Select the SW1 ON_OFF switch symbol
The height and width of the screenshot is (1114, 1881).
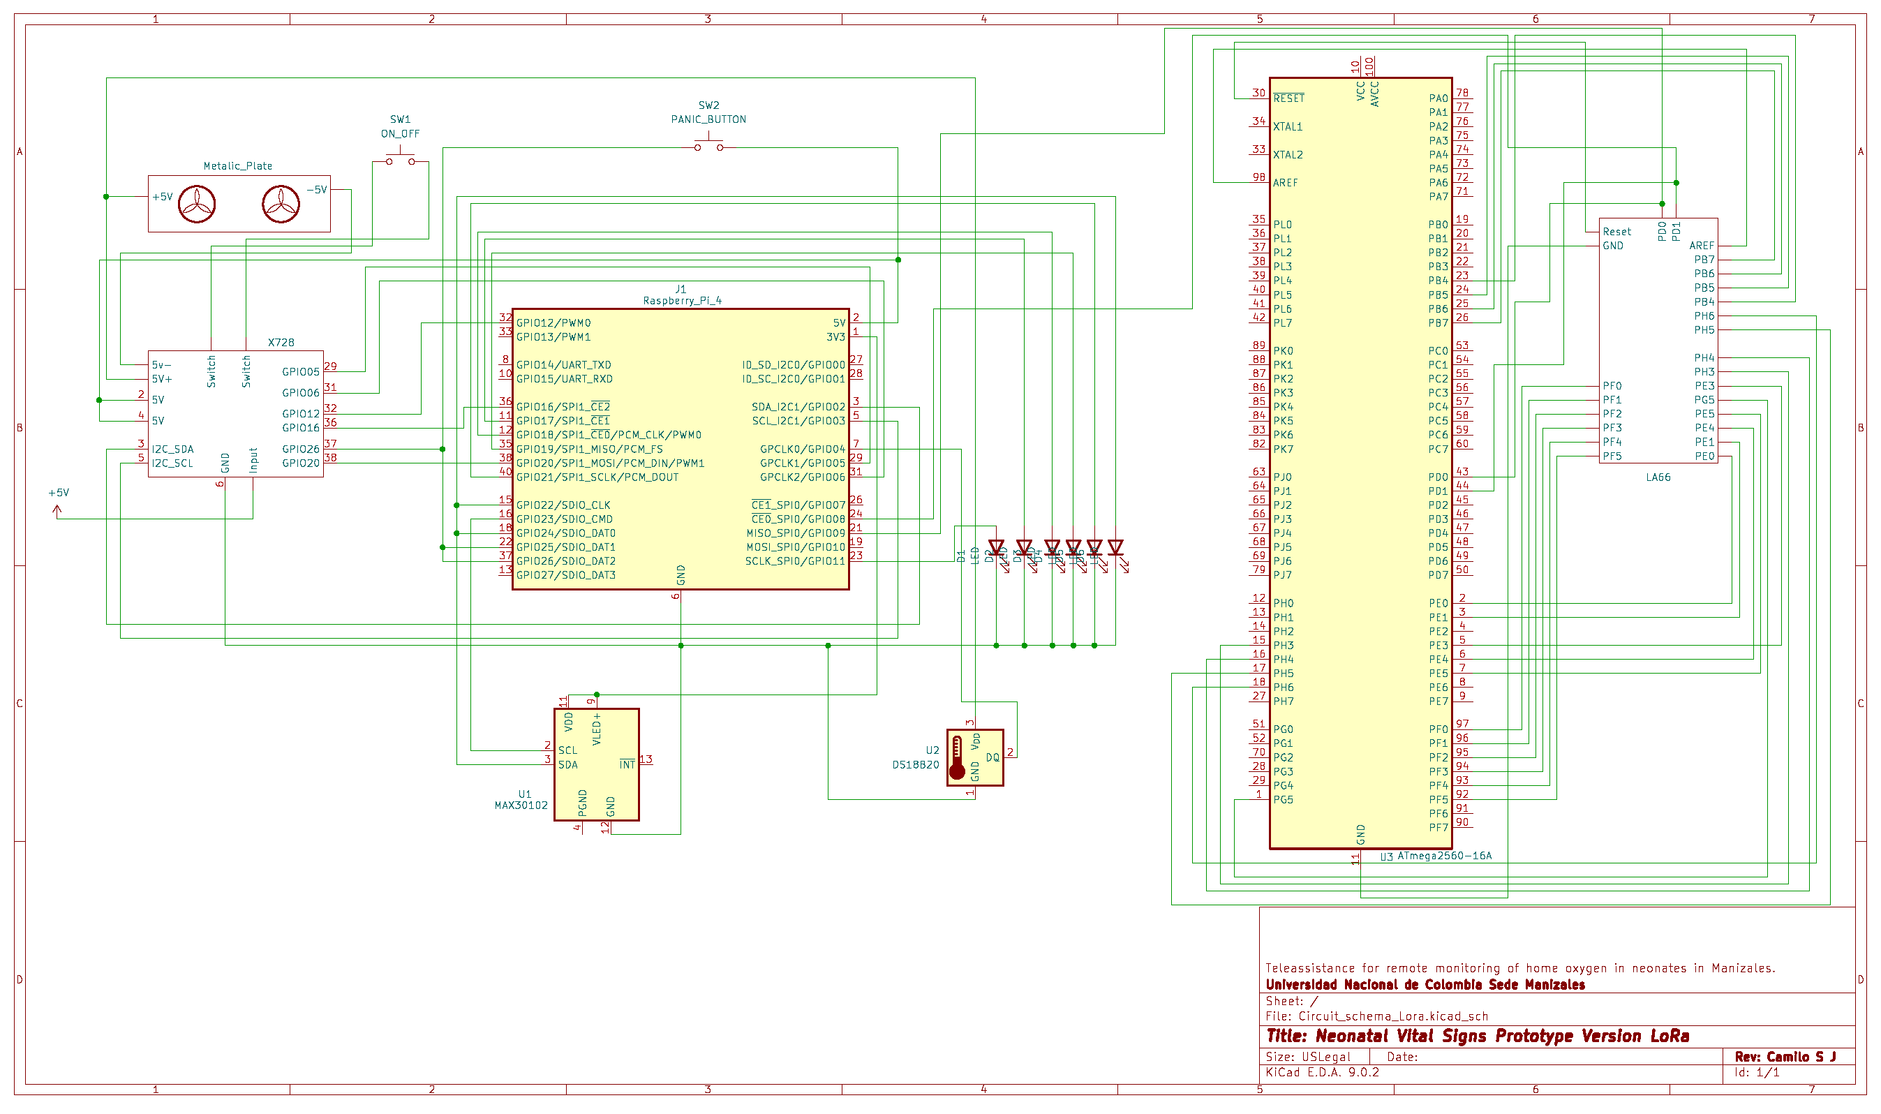click(400, 159)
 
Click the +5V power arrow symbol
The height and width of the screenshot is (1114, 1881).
click(57, 510)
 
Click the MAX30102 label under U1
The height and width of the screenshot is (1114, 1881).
click(521, 805)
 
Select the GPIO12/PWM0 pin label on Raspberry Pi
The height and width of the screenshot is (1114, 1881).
click(553, 322)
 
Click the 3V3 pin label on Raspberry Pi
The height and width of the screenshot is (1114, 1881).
click(835, 337)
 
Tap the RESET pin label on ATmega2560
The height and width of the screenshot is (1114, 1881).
click(1288, 98)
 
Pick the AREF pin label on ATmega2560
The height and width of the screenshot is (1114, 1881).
click(1285, 182)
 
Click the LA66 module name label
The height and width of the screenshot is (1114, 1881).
click(1658, 477)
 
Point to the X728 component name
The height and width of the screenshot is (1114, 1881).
click(281, 342)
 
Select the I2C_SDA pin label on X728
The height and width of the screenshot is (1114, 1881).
click(172, 449)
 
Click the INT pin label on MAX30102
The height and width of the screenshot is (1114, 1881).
click(627, 764)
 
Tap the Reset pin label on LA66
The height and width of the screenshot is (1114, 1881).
click(1616, 232)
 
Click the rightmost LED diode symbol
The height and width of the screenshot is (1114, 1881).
click(1115, 547)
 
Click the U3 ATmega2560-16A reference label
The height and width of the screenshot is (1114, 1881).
click(1435, 856)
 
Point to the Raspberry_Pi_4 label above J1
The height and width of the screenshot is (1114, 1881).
click(681, 300)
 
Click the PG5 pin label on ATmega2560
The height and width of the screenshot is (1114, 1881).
click(1283, 799)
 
